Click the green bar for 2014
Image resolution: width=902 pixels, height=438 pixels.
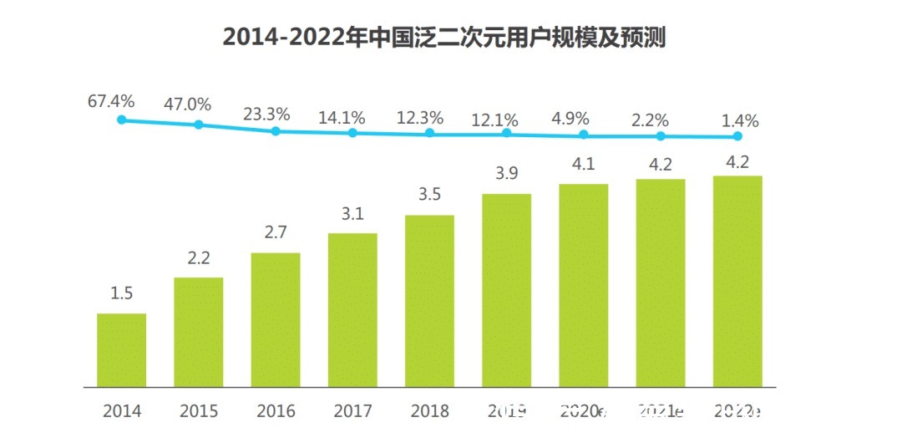121,350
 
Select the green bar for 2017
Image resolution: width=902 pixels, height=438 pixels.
352,310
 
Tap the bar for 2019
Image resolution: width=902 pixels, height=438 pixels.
506,290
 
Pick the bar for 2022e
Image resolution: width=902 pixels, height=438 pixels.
737,282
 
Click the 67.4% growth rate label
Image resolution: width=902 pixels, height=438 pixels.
111,101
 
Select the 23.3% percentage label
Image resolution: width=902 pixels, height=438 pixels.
266,114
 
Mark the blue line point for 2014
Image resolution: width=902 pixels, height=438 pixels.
121,120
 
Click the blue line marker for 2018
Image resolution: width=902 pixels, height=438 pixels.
429,133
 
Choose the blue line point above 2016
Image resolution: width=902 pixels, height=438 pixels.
276,130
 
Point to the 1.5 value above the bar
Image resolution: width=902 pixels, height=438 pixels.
121,293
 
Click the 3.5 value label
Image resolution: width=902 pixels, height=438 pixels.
429,195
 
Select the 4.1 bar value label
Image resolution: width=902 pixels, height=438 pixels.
583,164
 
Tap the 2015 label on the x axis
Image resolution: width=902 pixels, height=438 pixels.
198,411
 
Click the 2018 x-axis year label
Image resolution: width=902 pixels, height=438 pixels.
429,411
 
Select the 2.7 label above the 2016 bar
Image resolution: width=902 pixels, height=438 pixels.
276,232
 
